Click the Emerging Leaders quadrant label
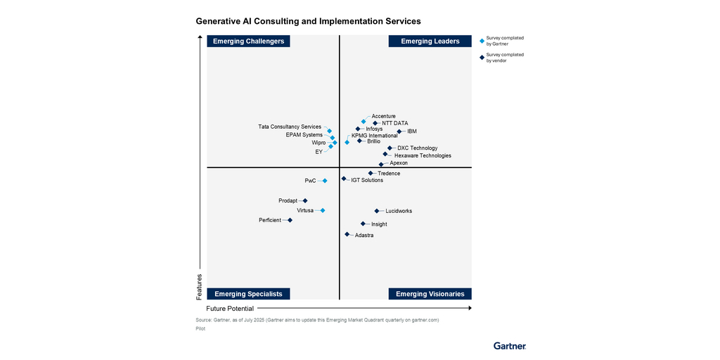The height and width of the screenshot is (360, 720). tap(430, 41)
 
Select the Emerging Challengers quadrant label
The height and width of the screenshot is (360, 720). tap(249, 41)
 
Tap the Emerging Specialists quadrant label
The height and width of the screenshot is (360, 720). tap(248, 294)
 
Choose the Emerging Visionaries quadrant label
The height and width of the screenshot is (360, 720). tap(430, 294)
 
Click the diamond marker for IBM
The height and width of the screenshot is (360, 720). tap(399, 131)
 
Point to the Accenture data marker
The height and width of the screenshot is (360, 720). tap(364, 122)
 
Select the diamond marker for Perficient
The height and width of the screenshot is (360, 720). tap(290, 220)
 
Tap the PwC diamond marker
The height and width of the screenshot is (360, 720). tap(325, 181)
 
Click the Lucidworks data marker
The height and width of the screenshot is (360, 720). tap(377, 211)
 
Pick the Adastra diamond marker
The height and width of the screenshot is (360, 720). tap(347, 234)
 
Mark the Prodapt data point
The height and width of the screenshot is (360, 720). tap(305, 200)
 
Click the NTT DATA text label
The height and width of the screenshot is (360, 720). tap(394, 123)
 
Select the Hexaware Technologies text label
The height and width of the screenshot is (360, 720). tap(423, 155)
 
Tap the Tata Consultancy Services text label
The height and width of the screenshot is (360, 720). tap(290, 127)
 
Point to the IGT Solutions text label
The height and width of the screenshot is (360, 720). tap(367, 180)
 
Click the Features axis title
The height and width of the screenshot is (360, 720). tap(199, 285)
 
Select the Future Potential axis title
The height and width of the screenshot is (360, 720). tap(230, 309)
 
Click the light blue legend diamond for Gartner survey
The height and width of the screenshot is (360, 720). tap(482, 41)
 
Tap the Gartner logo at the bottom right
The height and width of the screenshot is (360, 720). tap(510, 346)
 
